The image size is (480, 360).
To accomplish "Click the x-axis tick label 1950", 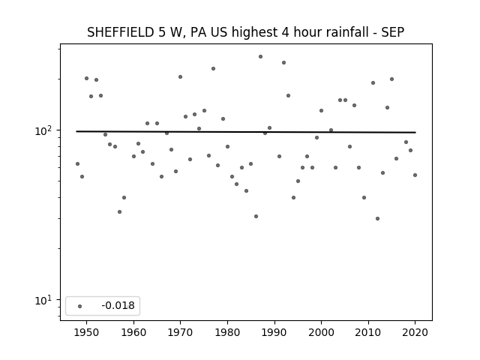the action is coord(87,332).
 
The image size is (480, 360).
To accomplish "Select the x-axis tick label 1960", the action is coord(133,332).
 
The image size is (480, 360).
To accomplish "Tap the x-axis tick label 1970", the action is coord(180,332).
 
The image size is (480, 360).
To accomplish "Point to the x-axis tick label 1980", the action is coord(227,332).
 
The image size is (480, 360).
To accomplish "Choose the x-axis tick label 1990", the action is coord(274,332).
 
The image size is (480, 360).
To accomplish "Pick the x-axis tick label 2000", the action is coord(321,332).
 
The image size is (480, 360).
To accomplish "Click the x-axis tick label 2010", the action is coord(368,332).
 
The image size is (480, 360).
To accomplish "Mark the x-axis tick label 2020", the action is coord(415,332).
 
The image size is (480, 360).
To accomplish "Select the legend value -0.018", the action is coord(118,305).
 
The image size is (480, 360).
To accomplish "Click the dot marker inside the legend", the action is coord(79,306).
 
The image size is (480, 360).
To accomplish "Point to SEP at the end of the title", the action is coord(393,32).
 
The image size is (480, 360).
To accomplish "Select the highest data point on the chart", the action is coord(260,57).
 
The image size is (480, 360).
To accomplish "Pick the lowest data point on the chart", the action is coord(377,218).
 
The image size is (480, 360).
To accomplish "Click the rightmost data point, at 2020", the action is coord(415,175).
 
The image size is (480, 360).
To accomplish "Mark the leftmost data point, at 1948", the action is coord(77,163).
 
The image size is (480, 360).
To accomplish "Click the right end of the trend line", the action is coord(415,132).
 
